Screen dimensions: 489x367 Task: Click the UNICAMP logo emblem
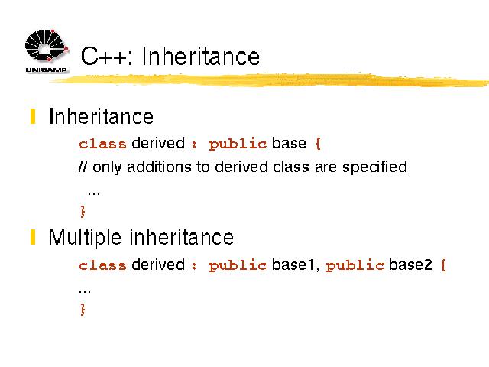tap(47, 46)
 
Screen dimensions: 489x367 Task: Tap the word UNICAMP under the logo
tap(47, 70)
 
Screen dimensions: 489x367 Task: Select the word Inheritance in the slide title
tap(200, 57)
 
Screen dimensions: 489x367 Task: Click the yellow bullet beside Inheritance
tap(33, 116)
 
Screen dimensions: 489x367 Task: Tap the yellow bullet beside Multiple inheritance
tap(33, 237)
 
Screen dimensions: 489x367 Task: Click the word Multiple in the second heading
tap(85, 238)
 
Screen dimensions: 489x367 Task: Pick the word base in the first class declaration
tap(289, 143)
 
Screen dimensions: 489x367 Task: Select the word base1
tap(293, 265)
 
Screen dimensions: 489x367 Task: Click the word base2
tap(410, 265)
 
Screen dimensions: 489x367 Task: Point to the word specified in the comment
tap(375, 167)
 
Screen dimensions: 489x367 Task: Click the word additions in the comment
tap(159, 167)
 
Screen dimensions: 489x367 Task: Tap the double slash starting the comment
tap(83, 167)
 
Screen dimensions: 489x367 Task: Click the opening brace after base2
tap(443, 265)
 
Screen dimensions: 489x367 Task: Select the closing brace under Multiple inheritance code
tap(83, 309)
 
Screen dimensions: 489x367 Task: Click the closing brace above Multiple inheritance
tap(83, 211)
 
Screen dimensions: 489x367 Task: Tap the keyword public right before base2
tap(355, 265)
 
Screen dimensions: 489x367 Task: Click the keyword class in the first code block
tap(102, 144)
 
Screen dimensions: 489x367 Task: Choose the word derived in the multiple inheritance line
tap(158, 265)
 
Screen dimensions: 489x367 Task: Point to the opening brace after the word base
tap(318, 144)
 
